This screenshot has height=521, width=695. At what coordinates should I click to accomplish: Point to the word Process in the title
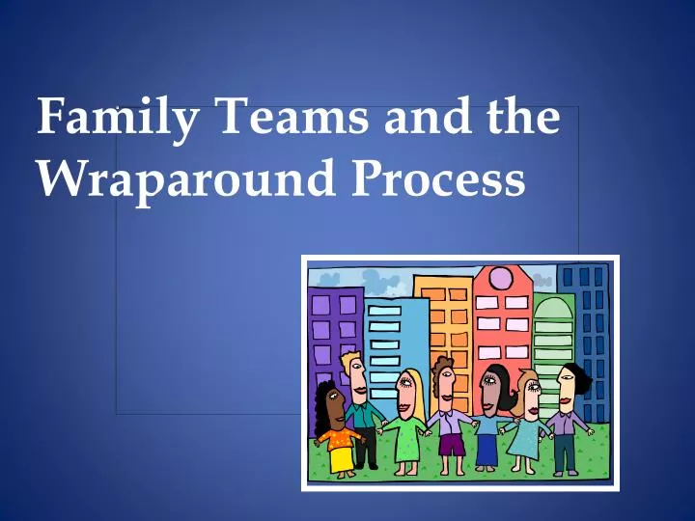[438, 179]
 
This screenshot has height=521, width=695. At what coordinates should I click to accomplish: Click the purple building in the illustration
[333, 328]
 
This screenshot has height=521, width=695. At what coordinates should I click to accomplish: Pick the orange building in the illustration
[444, 318]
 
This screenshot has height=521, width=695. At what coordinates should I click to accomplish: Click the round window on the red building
[501, 279]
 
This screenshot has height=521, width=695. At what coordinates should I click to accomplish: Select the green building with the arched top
[553, 333]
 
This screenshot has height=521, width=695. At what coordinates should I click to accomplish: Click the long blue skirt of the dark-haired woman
[487, 448]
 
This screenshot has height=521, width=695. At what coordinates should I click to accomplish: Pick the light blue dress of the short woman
[525, 439]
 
